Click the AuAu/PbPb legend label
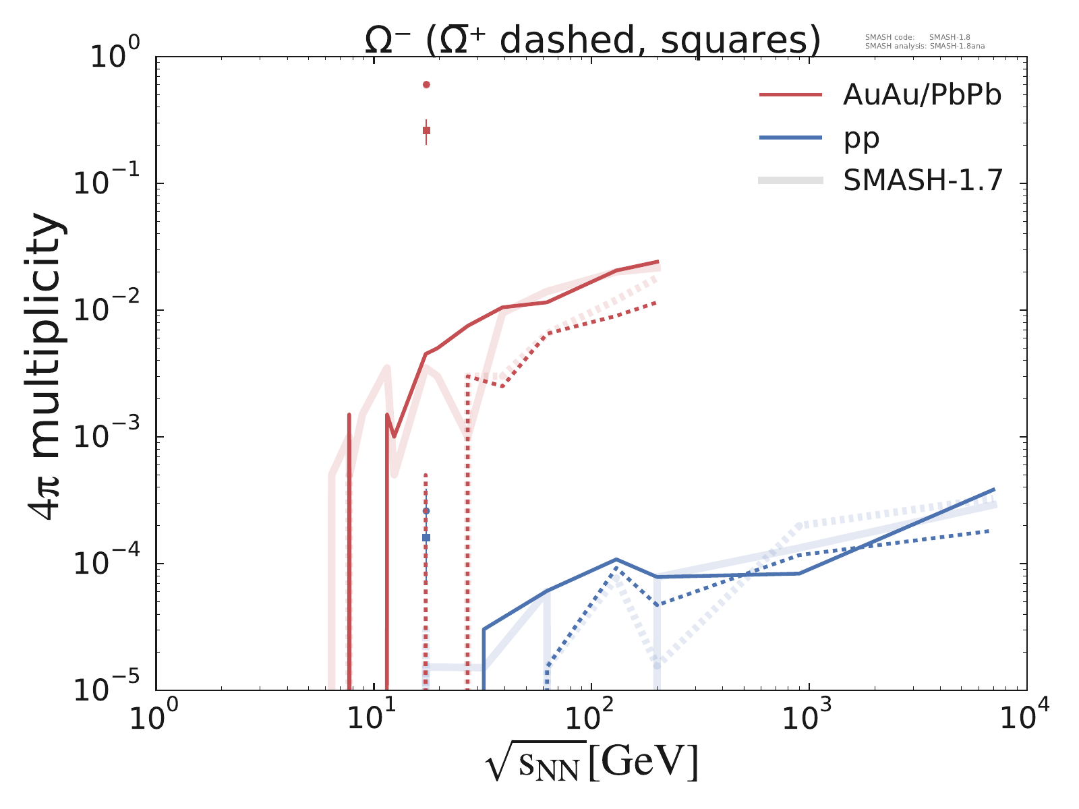(922, 96)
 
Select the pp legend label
(861, 138)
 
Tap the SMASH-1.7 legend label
(923, 181)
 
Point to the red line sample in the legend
(790, 96)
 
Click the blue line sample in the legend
(790, 138)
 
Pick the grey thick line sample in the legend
(790, 180)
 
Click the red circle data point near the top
(426, 84)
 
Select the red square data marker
(426, 130)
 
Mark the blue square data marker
(426, 537)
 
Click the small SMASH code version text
(917, 38)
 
